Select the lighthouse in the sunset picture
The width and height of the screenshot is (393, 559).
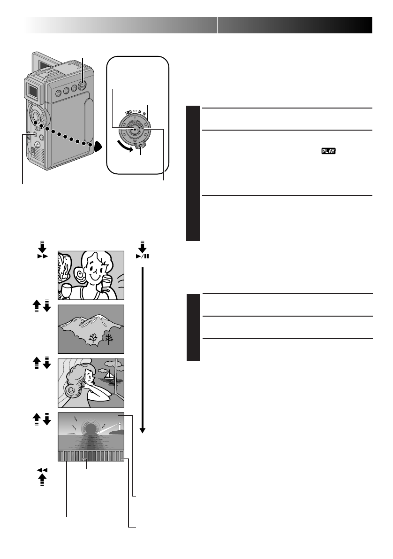(x=120, y=426)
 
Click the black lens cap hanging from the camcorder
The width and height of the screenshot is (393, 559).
(x=98, y=146)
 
